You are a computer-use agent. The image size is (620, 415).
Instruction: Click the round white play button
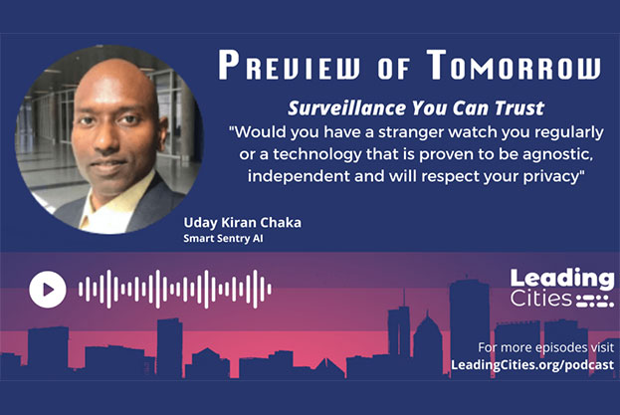(x=48, y=290)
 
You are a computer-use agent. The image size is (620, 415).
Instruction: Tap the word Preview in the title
(x=289, y=66)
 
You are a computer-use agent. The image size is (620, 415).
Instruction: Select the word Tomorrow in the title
(x=514, y=65)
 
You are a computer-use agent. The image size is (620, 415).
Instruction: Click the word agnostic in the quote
(x=557, y=154)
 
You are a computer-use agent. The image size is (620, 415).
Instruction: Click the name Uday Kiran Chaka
(x=243, y=223)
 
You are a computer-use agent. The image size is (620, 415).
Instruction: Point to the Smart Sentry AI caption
(x=223, y=239)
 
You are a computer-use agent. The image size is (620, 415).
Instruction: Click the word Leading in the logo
(x=562, y=280)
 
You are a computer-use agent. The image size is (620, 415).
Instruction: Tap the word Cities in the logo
(x=541, y=299)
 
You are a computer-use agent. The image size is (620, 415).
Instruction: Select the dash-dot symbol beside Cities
(x=595, y=301)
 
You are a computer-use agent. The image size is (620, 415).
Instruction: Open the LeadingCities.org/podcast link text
(x=532, y=364)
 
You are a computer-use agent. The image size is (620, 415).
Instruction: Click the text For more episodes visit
(x=546, y=347)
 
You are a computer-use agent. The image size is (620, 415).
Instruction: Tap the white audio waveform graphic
(x=175, y=289)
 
